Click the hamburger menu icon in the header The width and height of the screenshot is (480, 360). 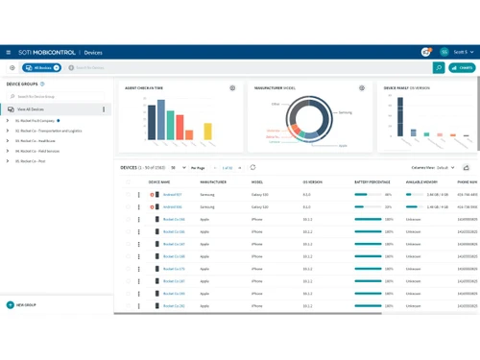(x=9, y=52)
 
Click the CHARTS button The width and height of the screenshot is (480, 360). (x=463, y=68)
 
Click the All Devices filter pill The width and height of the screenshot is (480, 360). (x=42, y=68)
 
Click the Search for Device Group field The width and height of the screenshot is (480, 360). (x=58, y=97)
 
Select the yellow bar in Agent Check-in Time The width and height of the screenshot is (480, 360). (x=182, y=132)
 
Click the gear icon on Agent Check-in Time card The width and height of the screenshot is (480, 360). (x=232, y=88)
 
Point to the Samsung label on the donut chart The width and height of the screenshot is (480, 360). (x=346, y=112)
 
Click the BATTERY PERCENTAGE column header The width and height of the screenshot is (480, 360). (x=372, y=180)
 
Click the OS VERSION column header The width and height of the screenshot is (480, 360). (x=313, y=180)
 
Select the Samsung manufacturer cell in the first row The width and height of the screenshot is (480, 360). (x=207, y=194)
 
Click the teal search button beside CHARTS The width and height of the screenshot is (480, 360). (x=439, y=68)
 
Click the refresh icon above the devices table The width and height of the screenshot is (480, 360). (x=252, y=167)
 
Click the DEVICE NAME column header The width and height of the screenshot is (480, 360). (x=159, y=180)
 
